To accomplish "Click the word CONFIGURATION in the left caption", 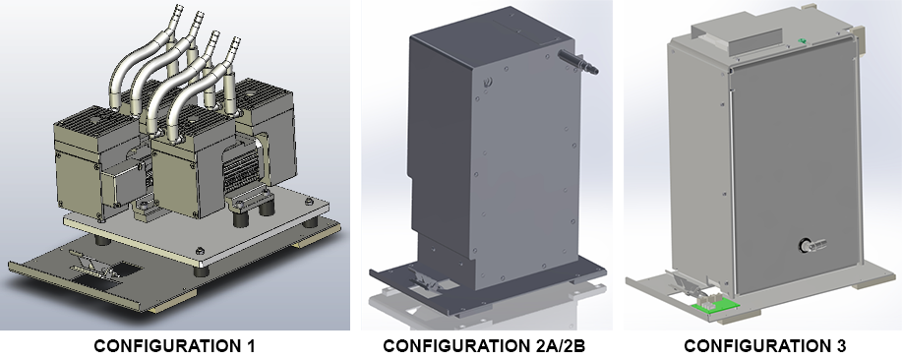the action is (x=167, y=346).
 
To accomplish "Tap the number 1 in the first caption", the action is (x=250, y=346).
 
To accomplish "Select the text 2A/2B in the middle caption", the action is (x=557, y=346).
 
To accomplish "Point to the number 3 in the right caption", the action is (x=840, y=346).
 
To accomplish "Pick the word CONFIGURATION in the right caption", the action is (x=756, y=346).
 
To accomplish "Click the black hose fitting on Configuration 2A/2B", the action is (x=578, y=62).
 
